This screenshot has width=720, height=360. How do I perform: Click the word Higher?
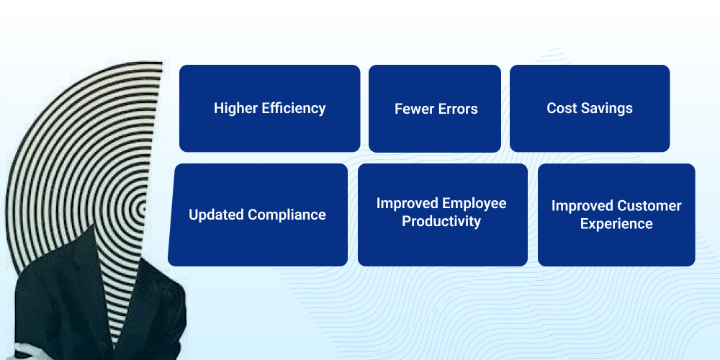click(x=236, y=109)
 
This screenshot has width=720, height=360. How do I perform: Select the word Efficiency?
click(x=294, y=109)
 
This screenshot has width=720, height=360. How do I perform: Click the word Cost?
click(x=560, y=109)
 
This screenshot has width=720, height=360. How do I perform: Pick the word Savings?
click(x=606, y=109)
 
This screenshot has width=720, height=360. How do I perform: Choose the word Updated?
click(x=216, y=215)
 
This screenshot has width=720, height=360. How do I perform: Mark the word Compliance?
click(x=287, y=215)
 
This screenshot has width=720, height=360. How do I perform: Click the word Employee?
click(x=474, y=204)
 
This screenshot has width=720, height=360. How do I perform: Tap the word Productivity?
click(x=441, y=221)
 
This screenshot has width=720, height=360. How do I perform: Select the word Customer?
click(x=649, y=206)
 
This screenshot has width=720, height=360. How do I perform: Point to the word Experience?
click(x=616, y=224)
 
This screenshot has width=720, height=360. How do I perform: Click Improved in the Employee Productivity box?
click(x=408, y=204)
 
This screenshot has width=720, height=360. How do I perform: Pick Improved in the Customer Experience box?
click(x=582, y=206)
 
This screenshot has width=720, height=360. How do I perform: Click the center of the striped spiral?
click(x=143, y=209)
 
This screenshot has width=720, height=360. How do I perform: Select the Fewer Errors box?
click(x=435, y=109)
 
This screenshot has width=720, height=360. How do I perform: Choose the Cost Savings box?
click(x=590, y=109)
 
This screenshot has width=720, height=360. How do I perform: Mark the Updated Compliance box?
click(x=258, y=215)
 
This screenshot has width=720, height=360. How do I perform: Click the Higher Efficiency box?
click(x=269, y=109)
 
